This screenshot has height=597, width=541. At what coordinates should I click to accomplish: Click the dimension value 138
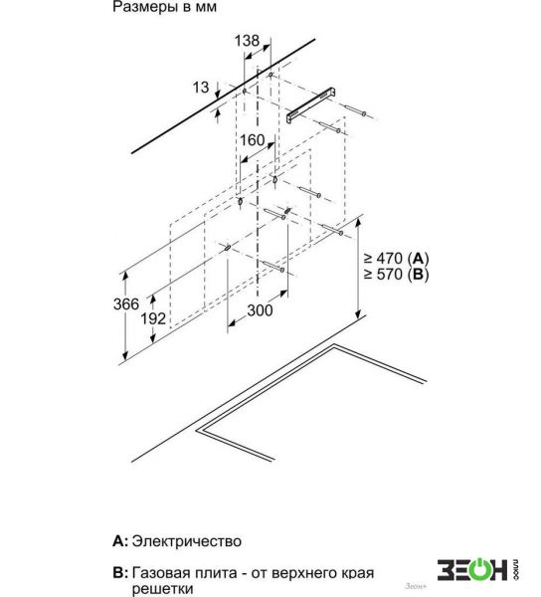coord(247,41)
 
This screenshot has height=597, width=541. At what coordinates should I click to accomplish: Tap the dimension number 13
coord(201,88)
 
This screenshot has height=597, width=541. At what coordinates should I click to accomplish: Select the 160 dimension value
coord(252,140)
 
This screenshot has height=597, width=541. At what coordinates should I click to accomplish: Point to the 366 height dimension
coord(126,303)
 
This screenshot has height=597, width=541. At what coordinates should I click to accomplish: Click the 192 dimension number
coord(153,318)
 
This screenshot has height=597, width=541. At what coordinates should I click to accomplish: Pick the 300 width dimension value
coord(260,310)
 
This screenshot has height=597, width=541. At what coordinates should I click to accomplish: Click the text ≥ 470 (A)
coord(396,259)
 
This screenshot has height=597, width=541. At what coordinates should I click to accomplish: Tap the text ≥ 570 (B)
coord(396,274)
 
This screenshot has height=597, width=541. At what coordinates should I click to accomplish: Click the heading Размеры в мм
coord(164,7)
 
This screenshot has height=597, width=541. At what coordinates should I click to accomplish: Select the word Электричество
coord(186,541)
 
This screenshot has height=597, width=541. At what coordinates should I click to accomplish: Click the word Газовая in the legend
coord(159,573)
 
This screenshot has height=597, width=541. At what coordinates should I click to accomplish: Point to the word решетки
coord(162,589)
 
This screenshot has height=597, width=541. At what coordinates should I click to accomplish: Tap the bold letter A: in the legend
coord(120,541)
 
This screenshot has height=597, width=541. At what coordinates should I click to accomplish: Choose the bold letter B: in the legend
coord(120,573)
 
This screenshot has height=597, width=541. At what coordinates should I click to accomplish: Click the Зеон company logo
coord(478,569)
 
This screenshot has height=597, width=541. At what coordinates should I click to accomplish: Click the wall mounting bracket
coord(311,104)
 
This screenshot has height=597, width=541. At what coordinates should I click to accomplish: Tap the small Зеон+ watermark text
coord(415,586)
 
